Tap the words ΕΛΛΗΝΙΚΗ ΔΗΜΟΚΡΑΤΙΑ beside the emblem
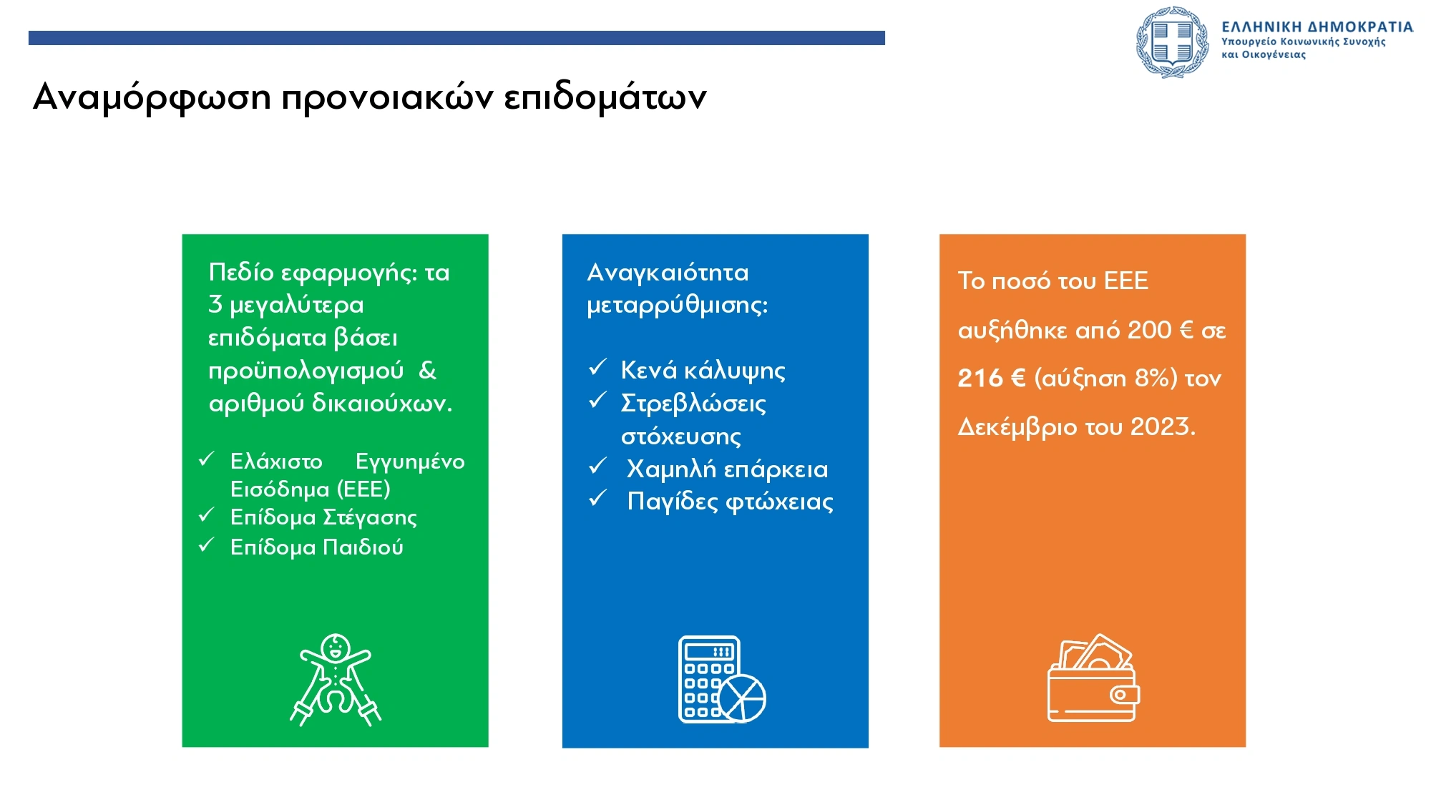(x=1317, y=27)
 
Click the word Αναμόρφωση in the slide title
(x=152, y=97)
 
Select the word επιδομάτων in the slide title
(x=605, y=98)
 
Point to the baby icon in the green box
(x=336, y=680)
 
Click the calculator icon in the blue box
(x=722, y=680)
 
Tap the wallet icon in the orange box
(x=1093, y=678)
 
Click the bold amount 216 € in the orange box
(x=992, y=378)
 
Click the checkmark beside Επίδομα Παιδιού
(x=207, y=545)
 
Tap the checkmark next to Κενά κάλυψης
(x=598, y=367)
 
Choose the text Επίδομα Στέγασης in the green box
(x=323, y=517)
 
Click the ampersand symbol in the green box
(x=427, y=370)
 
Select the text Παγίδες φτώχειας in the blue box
(x=731, y=502)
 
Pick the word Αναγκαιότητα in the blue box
(x=668, y=272)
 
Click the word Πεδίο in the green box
(x=241, y=272)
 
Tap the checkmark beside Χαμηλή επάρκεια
(x=598, y=466)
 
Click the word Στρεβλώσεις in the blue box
(x=693, y=404)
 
